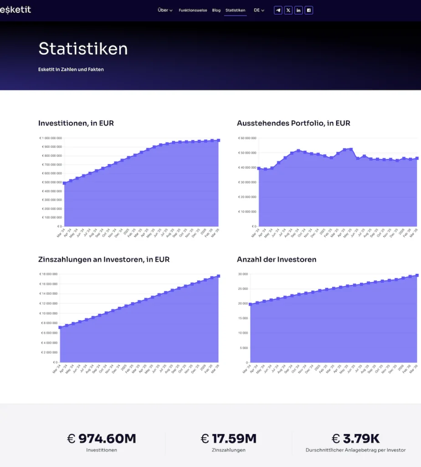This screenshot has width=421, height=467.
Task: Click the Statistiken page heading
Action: click(x=83, y=49)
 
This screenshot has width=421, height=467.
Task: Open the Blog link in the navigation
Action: click(x=216, y=10)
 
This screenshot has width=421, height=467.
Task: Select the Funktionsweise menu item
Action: click(x=193, y=10)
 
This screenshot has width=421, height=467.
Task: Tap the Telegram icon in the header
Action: click(x=278, y=10)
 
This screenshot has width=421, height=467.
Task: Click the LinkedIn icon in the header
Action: click(x=298, y=10)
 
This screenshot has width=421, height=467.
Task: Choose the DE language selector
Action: click(x=259, y=10)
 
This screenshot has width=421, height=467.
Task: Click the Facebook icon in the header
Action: click(x=308, y=10)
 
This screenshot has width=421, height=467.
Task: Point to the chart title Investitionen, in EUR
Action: click(x=76, y=123)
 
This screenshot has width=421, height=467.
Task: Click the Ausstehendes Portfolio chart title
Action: click(x=293, y=123)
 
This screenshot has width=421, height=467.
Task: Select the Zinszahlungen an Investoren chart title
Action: click(x=104, y=259)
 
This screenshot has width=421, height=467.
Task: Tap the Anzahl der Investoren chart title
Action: click(x=277, y=259)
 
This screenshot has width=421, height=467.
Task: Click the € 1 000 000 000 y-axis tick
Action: click(x=51, y=138)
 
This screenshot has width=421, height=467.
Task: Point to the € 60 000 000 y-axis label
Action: click(x=246, y=138)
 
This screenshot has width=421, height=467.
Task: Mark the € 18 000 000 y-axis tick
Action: click(x=48, y=274)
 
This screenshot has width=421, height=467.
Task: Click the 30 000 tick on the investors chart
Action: click(x=242, y=274)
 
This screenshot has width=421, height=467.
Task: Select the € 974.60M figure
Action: click(x=102, y=439)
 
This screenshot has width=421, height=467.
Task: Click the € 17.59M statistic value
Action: click(x=229, y=439)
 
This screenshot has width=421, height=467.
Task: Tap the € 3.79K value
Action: click(x=355, y=439)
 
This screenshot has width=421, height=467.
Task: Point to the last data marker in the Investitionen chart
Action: click(x=218, y=140)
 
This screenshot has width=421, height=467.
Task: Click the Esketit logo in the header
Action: click(x=15, y=10)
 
